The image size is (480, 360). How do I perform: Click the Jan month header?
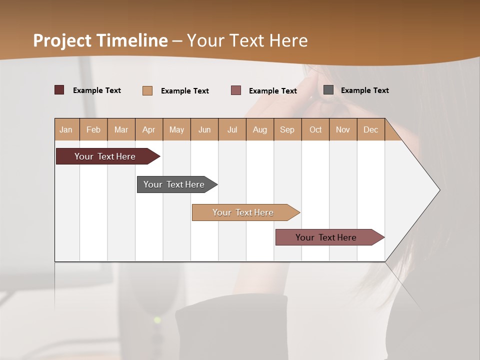coord(66,129)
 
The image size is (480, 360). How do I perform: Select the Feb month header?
coord(93,129)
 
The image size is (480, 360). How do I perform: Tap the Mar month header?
coord(121,129)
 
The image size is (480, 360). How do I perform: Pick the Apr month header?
coord(149,129)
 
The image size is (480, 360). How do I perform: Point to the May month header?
coord(176,129)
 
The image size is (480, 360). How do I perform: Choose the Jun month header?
coord(204,129)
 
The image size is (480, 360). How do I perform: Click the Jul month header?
coord(232,129)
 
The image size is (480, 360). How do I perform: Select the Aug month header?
coord(260,129)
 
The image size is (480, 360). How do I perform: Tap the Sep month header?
coord(287,129)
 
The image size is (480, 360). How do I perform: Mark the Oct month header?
coord(315,129)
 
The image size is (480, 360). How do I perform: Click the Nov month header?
coord(343,129)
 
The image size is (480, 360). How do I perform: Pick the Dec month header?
coord(370,129)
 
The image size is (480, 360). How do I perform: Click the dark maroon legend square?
coord(59,90)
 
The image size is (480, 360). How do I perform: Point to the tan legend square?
coord(147,90)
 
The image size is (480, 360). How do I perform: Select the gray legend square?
coord(328,90)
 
